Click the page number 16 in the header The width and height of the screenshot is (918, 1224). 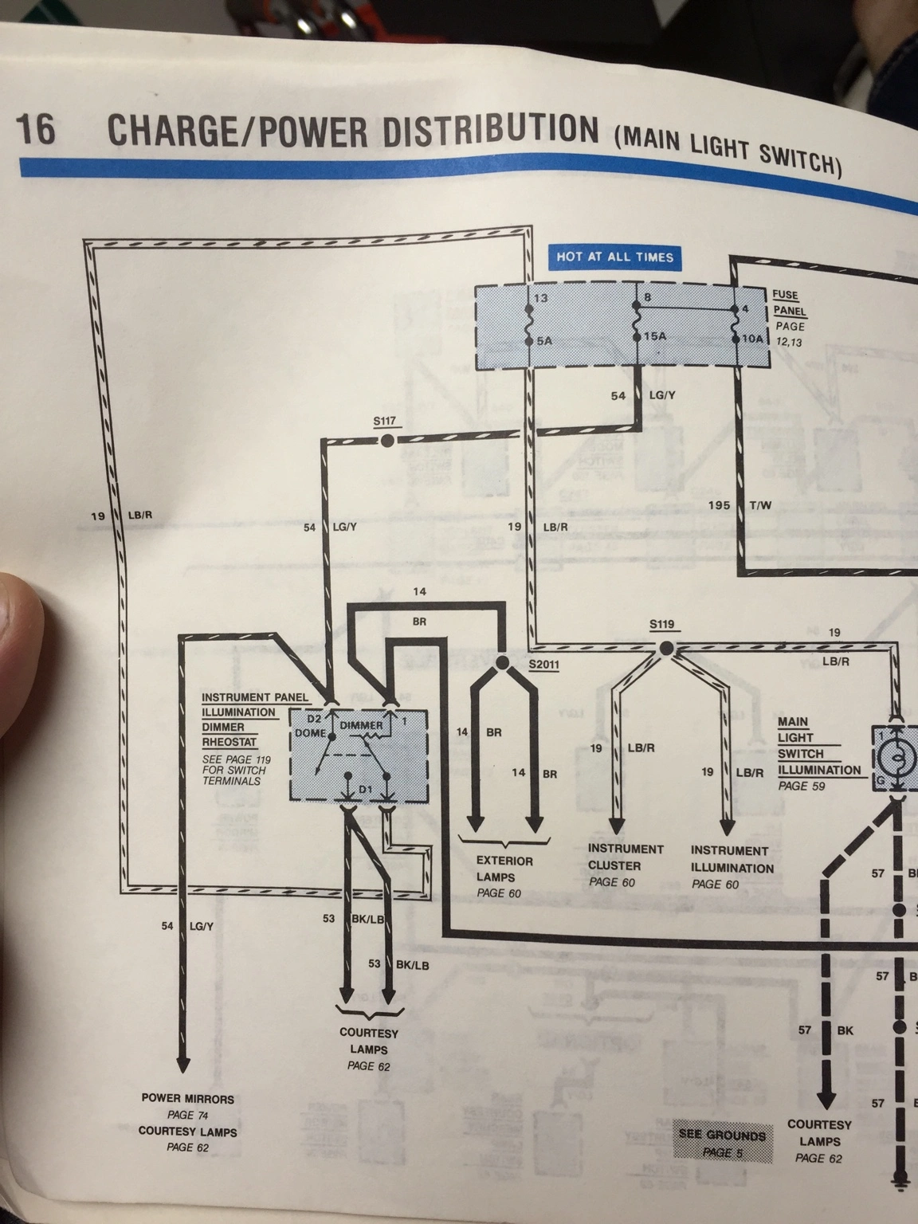click(36, 129)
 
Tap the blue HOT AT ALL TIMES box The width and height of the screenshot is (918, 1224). click(614, 257)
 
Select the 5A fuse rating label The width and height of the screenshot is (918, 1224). click(544, 341)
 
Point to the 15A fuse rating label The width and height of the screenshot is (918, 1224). click(654, 336)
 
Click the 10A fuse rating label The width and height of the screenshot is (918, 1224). click(752, 338)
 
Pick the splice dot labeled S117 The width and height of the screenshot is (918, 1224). click(386, 441)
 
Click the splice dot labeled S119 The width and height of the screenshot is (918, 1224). click(665, 648)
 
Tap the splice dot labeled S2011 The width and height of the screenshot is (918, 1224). click(502, 662)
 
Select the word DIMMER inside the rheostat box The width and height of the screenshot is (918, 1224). click(361, 725)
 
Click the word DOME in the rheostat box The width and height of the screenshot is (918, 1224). click(310, 733)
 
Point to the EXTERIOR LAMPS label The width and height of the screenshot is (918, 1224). click(504, 869)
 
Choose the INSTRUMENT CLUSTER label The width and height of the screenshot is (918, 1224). click(626, 857)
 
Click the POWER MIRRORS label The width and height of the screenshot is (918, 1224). click(188, 1099)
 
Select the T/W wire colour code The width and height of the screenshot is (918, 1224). click(760, 506)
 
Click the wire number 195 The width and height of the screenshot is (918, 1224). click(719, 505)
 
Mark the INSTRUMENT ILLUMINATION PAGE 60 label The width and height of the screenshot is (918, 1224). click(732, 866)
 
